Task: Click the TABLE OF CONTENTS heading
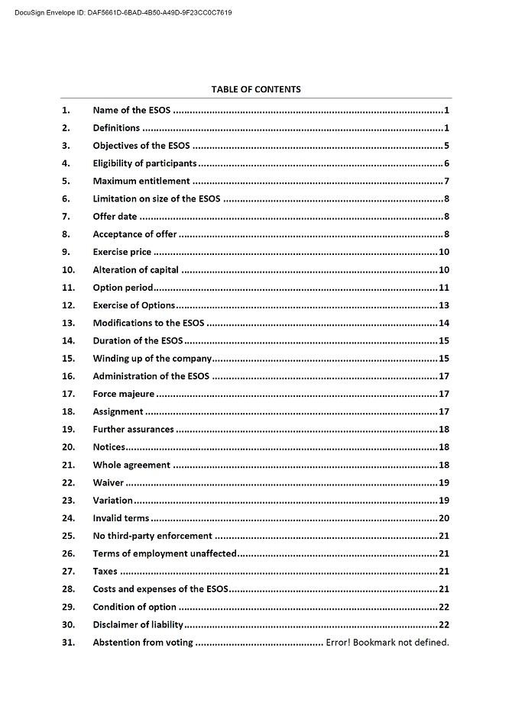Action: pyautogui.click(x=256, y=89)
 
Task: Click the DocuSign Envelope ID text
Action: pyautogui.click(x=123, y=13)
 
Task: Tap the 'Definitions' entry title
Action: pyautogui.click(x=116, y=127)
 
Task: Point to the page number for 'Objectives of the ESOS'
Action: pyautogui.click(x=446, y=146)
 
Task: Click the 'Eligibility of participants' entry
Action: pyautogui.click(x=144, y=163)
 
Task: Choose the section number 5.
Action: pyautogui.click(x=66, y=181)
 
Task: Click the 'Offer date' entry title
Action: pyautogui.click(x=115, y=217)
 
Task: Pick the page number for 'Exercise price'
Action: pyautogui.click(x=443, y=252)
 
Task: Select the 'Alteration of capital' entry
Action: pyautogui.click(x=135, y=269)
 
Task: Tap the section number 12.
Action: pyautogui.click(x=68, y=305)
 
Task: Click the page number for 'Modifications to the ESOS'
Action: pyautogui.click(x=443, y=323)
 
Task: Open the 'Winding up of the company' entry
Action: pyautogui.click(x=151, y=359)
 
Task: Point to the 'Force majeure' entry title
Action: pyautogui.click(x=123, y=394)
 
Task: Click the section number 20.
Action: pyautogui.click(x=68, y=447)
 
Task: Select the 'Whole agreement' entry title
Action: pyautogui.click(x=131, y=465)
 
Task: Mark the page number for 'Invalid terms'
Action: pyautogui.click(x=443, y=518)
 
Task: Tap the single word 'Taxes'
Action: pyautogui.click(x=105, y=571)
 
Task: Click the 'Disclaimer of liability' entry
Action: pyautogui.click(x=138, y=624)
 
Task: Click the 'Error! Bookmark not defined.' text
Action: pyautogui.click(x=387, y=642)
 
